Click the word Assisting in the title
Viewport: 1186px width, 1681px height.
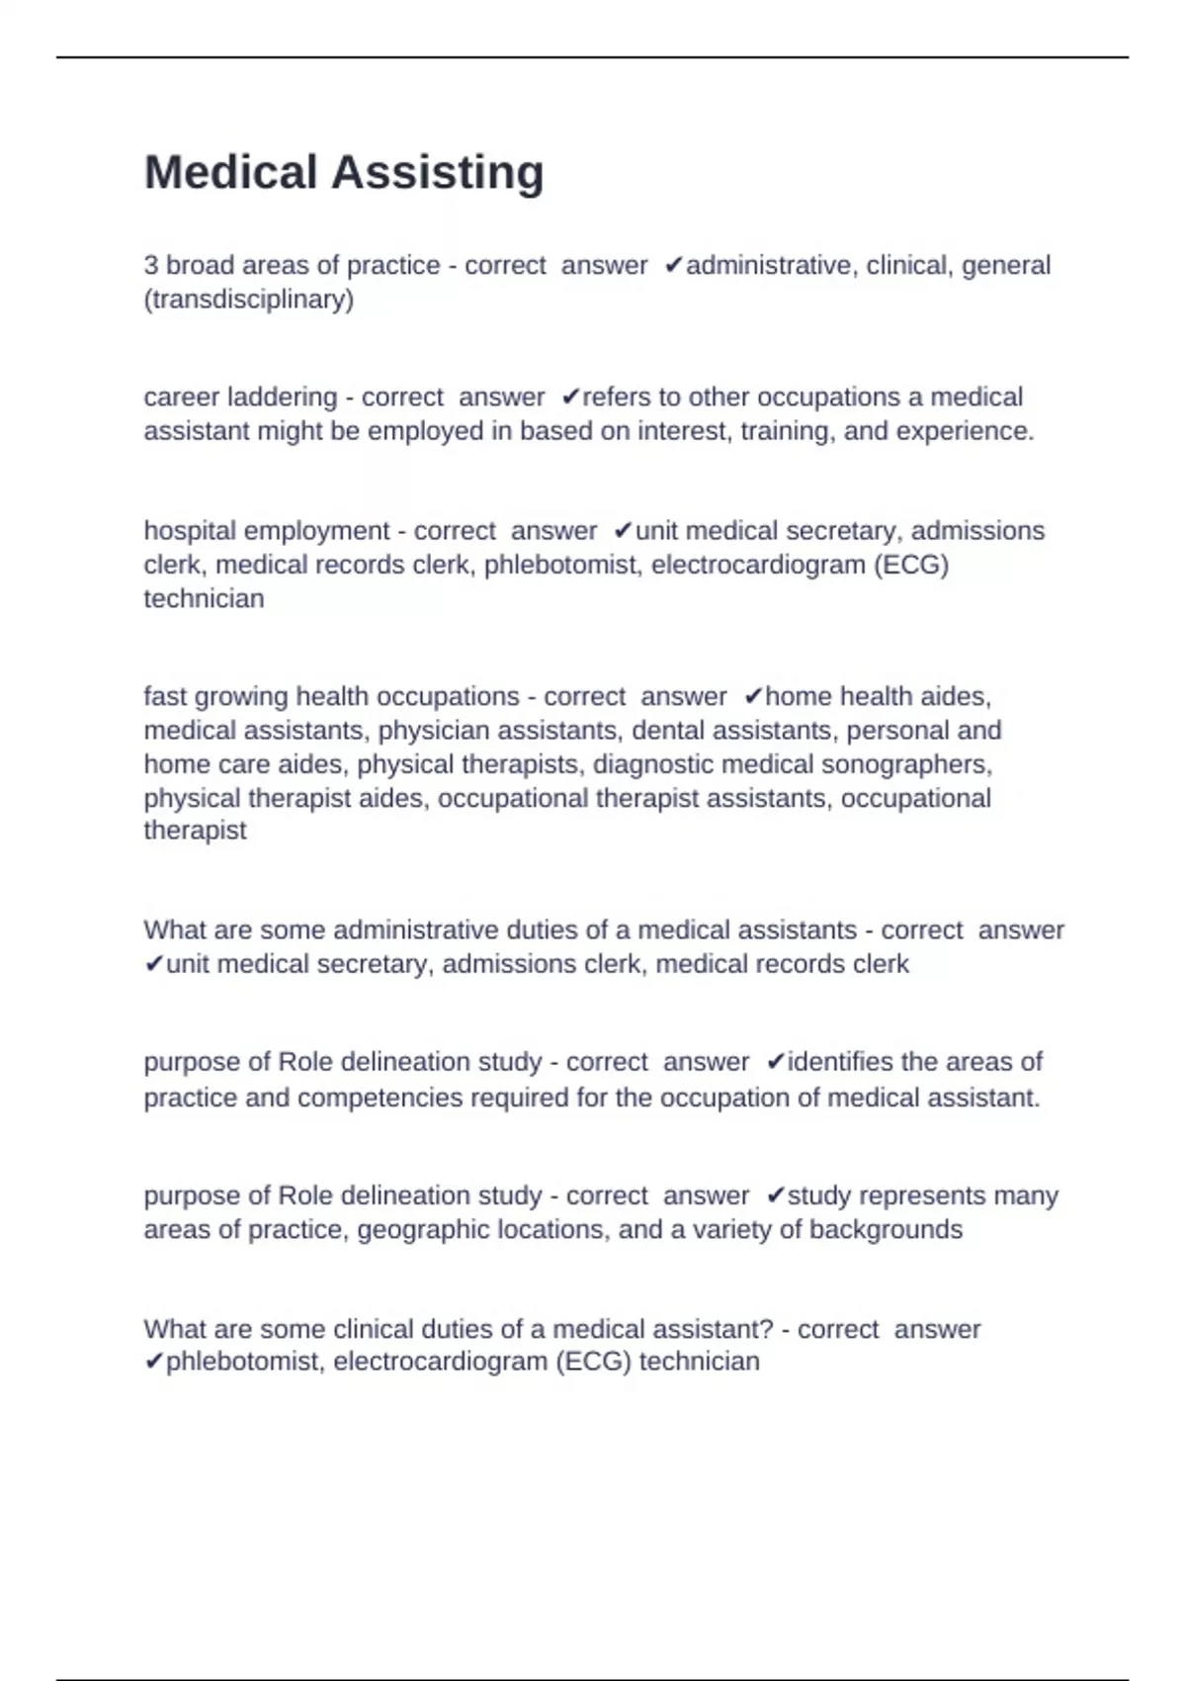point(437,173)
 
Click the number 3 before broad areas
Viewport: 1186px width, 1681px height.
point(151,266)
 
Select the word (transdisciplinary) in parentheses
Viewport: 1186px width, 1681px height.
point(249,300)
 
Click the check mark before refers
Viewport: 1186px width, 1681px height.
point(570,398)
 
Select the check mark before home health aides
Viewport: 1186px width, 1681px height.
point(753,697)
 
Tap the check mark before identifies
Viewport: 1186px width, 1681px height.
point(776,1062)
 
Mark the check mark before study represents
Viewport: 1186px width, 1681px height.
point(776,1195)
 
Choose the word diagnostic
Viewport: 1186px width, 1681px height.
point(652,764)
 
